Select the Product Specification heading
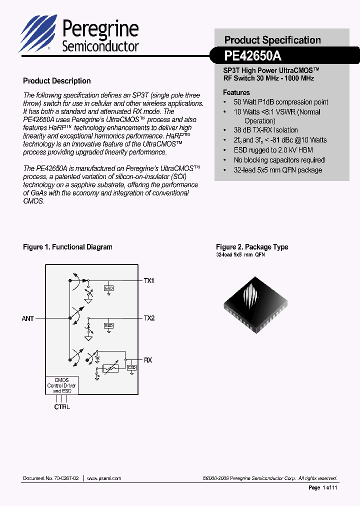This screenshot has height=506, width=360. point(272,40)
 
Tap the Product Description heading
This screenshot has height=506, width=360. point(57,81)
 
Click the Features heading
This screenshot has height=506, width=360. point(236,92)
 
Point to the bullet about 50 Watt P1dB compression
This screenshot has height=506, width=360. point(280,102)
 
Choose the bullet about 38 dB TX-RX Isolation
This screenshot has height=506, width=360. point(265,130)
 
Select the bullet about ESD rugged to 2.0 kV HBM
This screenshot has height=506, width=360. point(273,150)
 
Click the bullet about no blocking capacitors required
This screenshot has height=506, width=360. point(279,160)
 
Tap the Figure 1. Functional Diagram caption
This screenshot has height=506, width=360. point(67,247)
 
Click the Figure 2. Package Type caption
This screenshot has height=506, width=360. point(252,247)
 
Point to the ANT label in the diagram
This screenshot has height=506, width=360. point(28,318)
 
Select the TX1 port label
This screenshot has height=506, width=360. point(149,281)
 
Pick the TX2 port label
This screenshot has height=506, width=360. point(149,318)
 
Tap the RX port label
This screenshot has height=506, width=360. point(148,360)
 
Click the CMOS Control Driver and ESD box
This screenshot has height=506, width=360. point(62,385)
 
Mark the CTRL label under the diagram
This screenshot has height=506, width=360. point(62,407)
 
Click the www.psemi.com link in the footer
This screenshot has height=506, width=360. point(104,478)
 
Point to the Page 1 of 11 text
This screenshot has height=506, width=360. point(323,487)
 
